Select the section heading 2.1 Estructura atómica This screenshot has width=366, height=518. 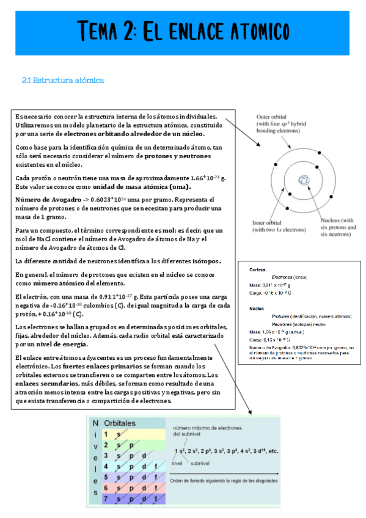63,80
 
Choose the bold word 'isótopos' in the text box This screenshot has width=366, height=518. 203,261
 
